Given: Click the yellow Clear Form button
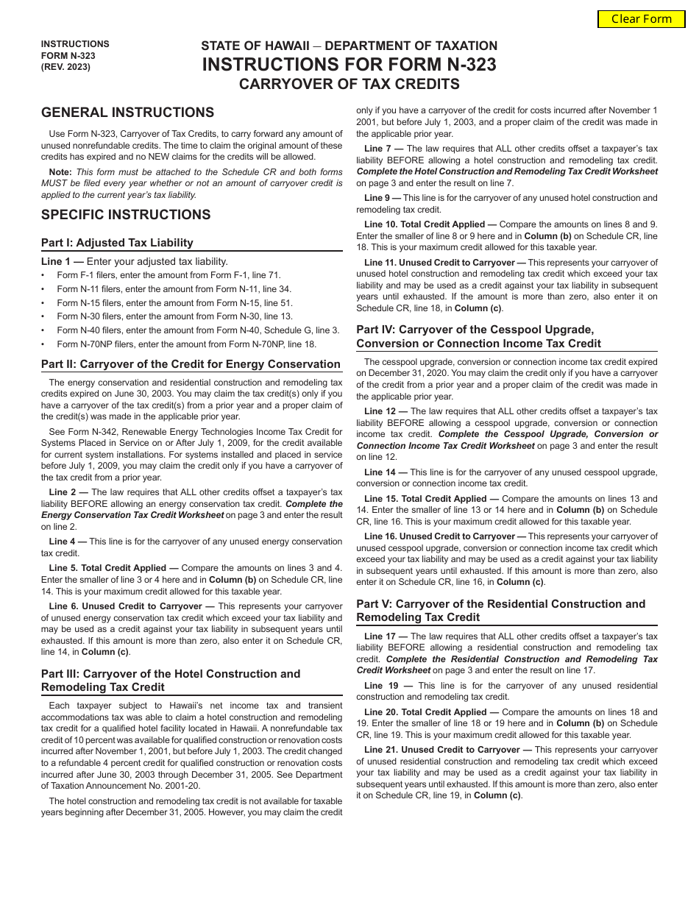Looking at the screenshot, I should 642,19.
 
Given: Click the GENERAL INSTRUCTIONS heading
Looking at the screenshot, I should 127,113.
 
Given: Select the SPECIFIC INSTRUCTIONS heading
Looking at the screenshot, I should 126,215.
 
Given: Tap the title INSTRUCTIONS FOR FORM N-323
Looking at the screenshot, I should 349,65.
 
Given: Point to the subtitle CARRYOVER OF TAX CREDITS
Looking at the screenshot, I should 349,84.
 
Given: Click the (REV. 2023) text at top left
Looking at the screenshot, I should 66,67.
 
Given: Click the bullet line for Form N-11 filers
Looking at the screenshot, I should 174,289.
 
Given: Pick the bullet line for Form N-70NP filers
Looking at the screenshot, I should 186,344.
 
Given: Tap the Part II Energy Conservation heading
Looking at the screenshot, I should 191,364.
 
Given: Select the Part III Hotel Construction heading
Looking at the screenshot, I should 171,681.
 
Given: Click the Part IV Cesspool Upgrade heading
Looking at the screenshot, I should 478,336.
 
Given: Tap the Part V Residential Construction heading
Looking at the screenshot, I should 500,611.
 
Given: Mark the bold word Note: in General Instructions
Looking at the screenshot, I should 60,171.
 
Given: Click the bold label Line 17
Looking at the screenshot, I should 386,636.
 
